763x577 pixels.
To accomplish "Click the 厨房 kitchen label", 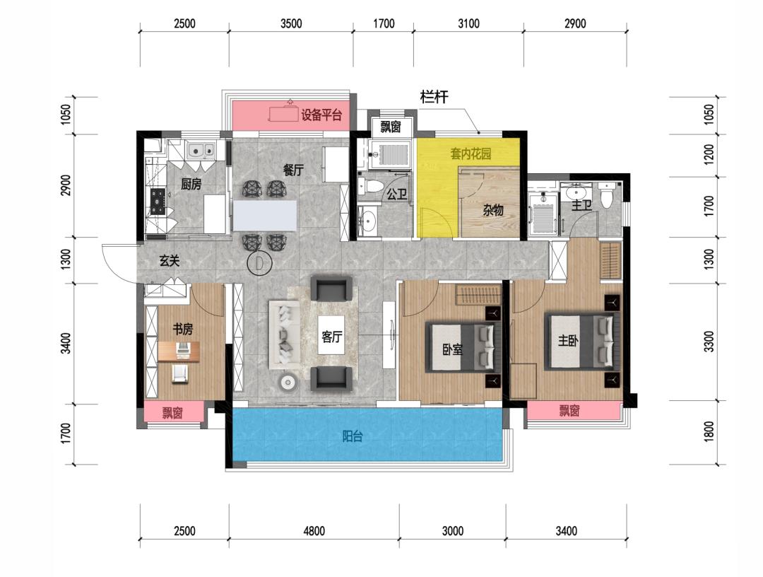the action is click(x=191, y=184).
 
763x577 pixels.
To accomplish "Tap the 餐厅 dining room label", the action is click(x=293, y=170).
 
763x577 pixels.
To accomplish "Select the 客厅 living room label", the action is click(x=332, y=336).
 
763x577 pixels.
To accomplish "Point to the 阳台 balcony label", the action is click(x=353, y=436).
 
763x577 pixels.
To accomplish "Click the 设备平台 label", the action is click(x=321, y=115).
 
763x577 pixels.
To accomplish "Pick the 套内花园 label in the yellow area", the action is click(x=471, y=154).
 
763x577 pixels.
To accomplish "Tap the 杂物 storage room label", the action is click(x=493, y=210).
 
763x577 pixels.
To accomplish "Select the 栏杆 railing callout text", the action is click(x=434, y=98).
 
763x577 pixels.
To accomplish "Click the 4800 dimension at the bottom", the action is click(x=314, y=531).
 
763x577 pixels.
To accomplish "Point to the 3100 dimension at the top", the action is click(x=468, y=23).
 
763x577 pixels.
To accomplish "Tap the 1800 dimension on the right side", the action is click(x=709, y=431).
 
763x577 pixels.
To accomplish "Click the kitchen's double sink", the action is click(x=201, y=150).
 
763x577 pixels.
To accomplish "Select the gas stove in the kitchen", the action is click(x=158, y=201).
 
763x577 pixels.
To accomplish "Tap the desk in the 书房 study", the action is click(x=179, y=351).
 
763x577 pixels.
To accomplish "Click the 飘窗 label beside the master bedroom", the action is click(x=569, y=410).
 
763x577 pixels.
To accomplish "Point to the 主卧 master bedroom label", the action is click(x=568, y=340).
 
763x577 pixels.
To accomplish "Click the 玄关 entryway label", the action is click(x=170, y=261).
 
